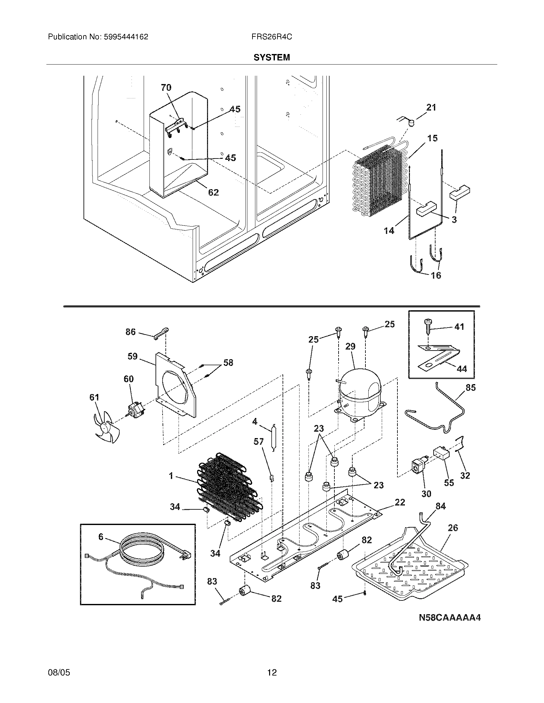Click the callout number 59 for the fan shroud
coord(132,356)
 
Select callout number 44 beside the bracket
coord(461,369)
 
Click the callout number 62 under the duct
coord(213,192)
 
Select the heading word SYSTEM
coord(272,58)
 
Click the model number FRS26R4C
coord(272,37)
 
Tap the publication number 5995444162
coord(126,37)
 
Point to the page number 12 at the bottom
coord(272,672)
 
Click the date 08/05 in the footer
coord(59,672)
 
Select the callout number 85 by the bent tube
coord(470,388)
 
